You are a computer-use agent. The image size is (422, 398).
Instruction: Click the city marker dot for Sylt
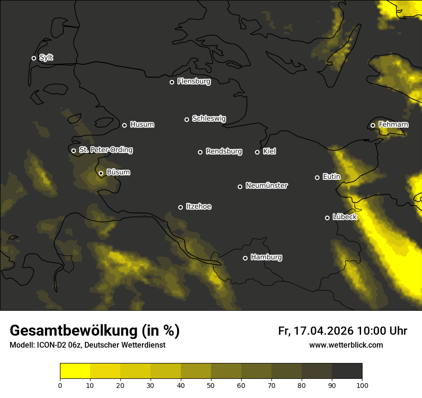[x=34, y=59]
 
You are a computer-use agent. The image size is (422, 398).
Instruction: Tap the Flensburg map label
[x=194, y=82]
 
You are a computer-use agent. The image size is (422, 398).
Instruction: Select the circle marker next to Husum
[x=124, y=125]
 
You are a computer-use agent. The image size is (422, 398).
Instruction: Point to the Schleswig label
[x=209, y=118]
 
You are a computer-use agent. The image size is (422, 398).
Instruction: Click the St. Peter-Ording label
[x=105, y=150]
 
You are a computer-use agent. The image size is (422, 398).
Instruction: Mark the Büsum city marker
[x=101, y=174]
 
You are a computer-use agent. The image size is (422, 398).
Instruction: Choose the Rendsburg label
[x=223, y=152]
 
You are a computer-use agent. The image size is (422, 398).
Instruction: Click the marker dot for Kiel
[x=257, y=152]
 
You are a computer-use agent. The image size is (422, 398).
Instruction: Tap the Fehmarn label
[x=393, y=125]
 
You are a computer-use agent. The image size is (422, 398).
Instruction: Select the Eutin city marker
[x=317, y=177]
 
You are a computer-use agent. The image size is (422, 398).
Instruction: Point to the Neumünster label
[x=266, y=186]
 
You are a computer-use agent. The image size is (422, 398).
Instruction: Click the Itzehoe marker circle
[x=180, y=207]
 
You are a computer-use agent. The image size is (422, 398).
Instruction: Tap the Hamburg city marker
[x=245, y=258]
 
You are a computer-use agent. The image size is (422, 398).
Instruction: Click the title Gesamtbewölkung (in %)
[x=94, y=331]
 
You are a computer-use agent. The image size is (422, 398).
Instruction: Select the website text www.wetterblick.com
[x=346, y=345]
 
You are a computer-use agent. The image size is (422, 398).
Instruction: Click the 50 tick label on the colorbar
[x=211, y=385]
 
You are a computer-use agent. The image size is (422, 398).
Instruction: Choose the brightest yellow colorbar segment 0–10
[x=75, y=371]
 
